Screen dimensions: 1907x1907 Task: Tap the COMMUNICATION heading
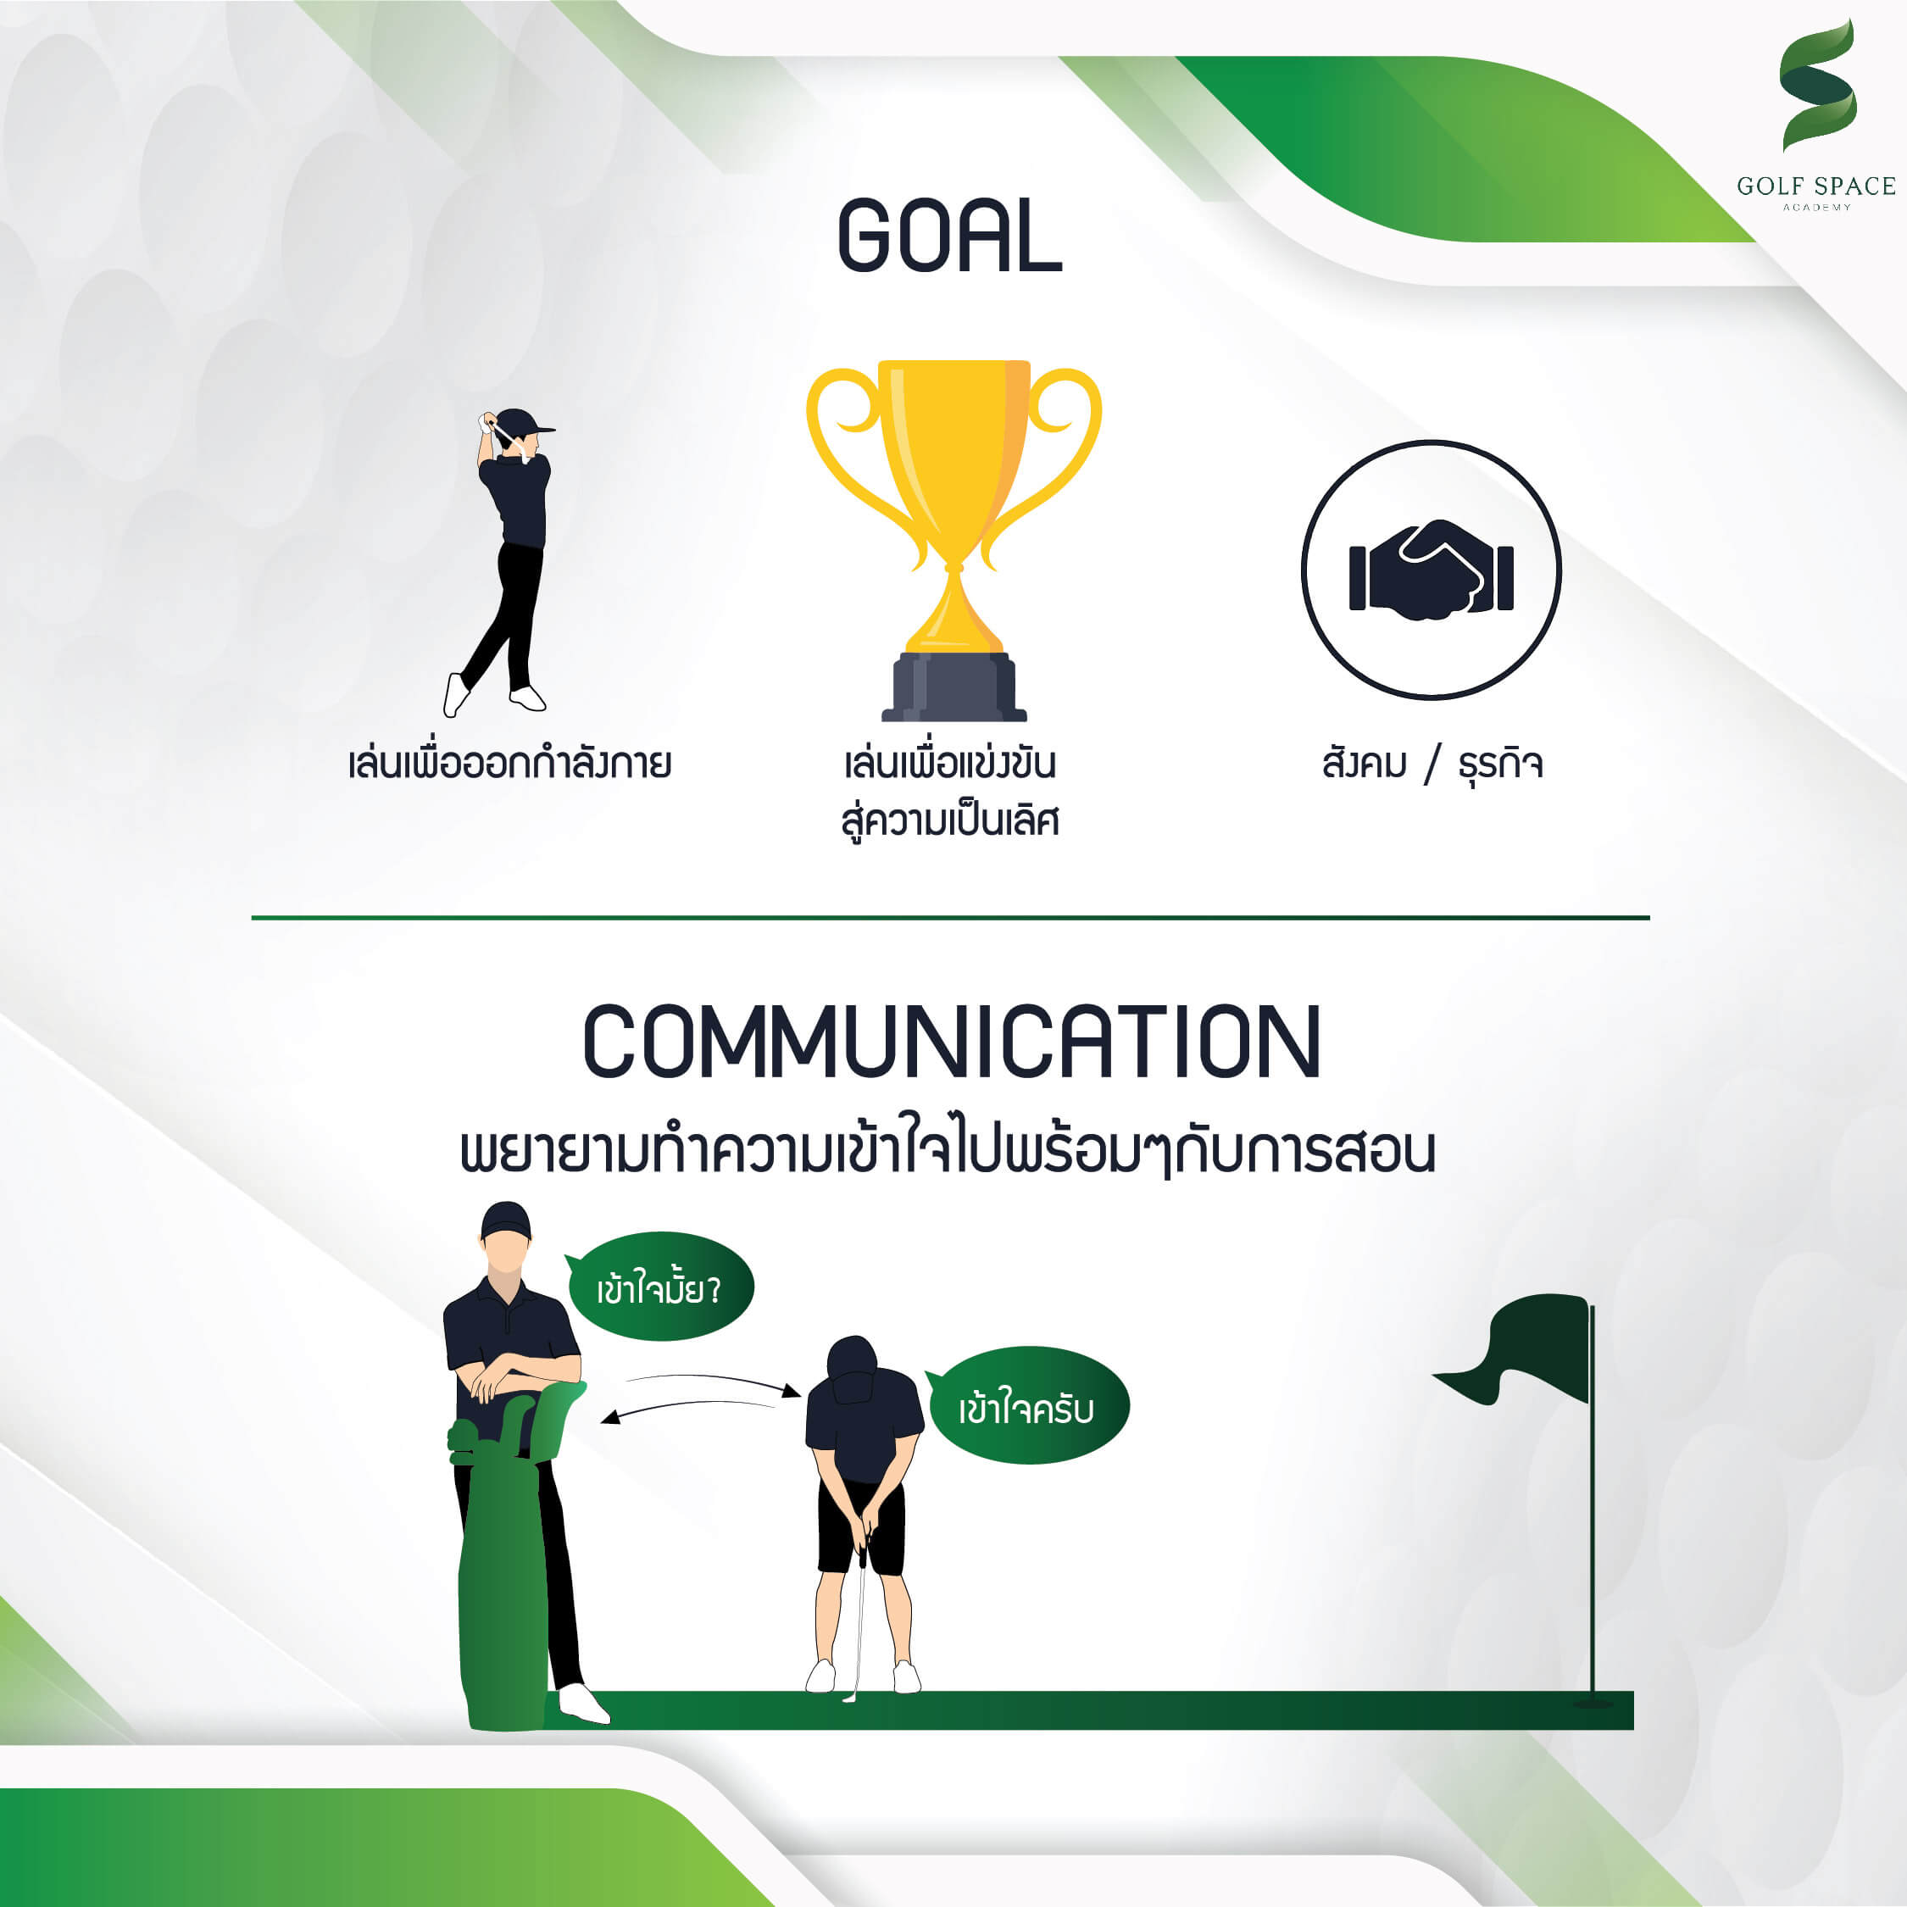(953, 1042)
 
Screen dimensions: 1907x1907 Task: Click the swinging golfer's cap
(523, 422)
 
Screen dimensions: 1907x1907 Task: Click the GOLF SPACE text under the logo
(1816, 186)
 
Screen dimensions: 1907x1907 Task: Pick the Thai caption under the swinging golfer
(510, 764)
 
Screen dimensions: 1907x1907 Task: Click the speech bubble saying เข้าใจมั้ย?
(659, 1286)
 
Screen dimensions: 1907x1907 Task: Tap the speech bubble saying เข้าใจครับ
(1026, 1405)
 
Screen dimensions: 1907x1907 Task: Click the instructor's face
(505, 1255)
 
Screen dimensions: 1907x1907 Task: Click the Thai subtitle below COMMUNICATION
(948, 1151)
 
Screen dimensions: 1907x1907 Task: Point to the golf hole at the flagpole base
(1592, 1703)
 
